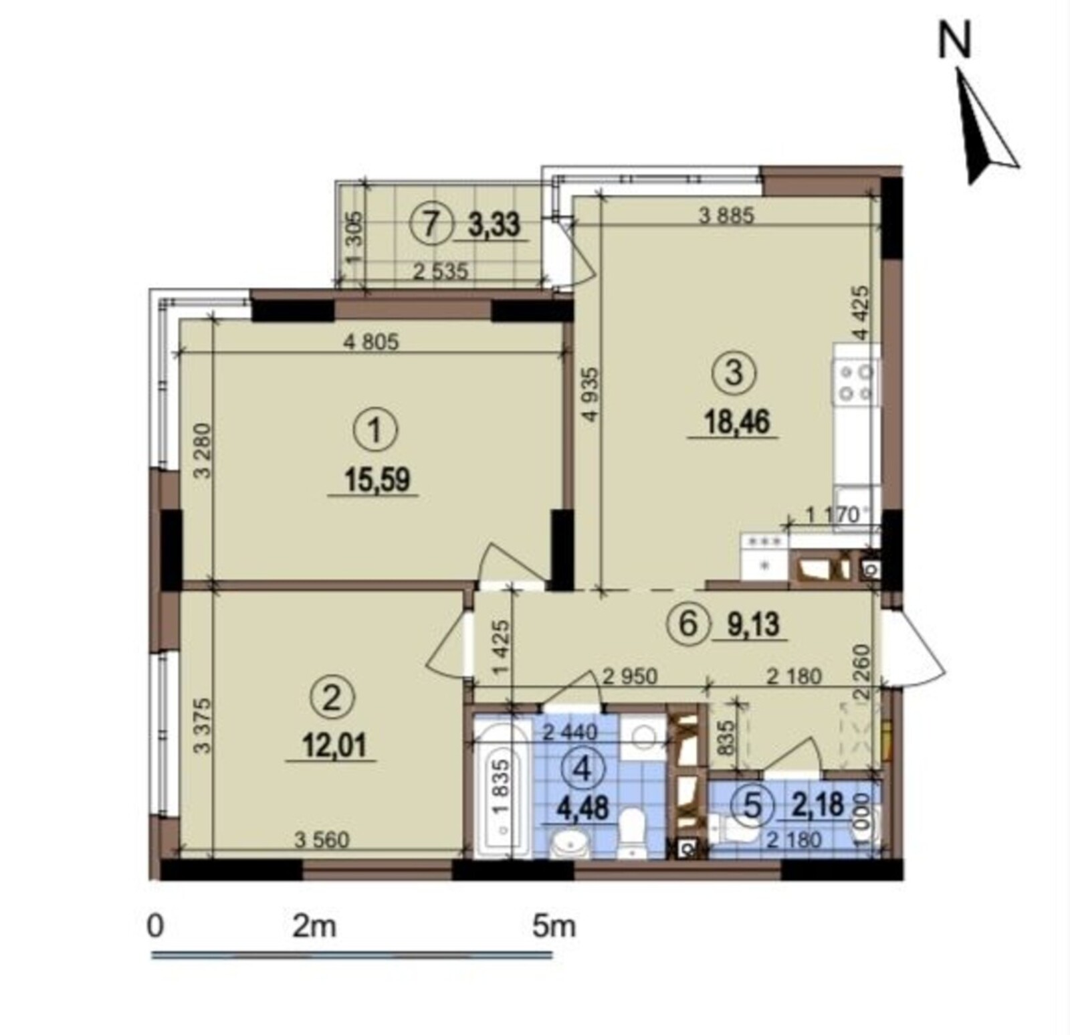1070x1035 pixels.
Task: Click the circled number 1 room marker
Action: coord(375,431)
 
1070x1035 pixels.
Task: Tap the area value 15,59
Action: coord(377,480)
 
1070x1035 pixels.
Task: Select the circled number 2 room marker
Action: coord(332,699)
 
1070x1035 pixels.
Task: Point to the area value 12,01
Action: coord(334,745)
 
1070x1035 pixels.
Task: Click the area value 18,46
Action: coord(736,422)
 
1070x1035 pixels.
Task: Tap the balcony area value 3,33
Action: coord(494,224)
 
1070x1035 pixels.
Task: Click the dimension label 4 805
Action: coord(370,343)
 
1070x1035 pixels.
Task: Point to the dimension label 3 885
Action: coord(726,215)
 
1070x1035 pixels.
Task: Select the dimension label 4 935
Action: coord(590,395)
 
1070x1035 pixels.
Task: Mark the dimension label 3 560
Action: coord(322,840)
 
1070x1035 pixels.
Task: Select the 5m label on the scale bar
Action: coord(554,927)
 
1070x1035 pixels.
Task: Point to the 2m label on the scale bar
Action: coord(314,927)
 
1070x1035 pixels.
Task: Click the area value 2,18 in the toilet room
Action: coord(817,804)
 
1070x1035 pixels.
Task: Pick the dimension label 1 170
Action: coord(832,514)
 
